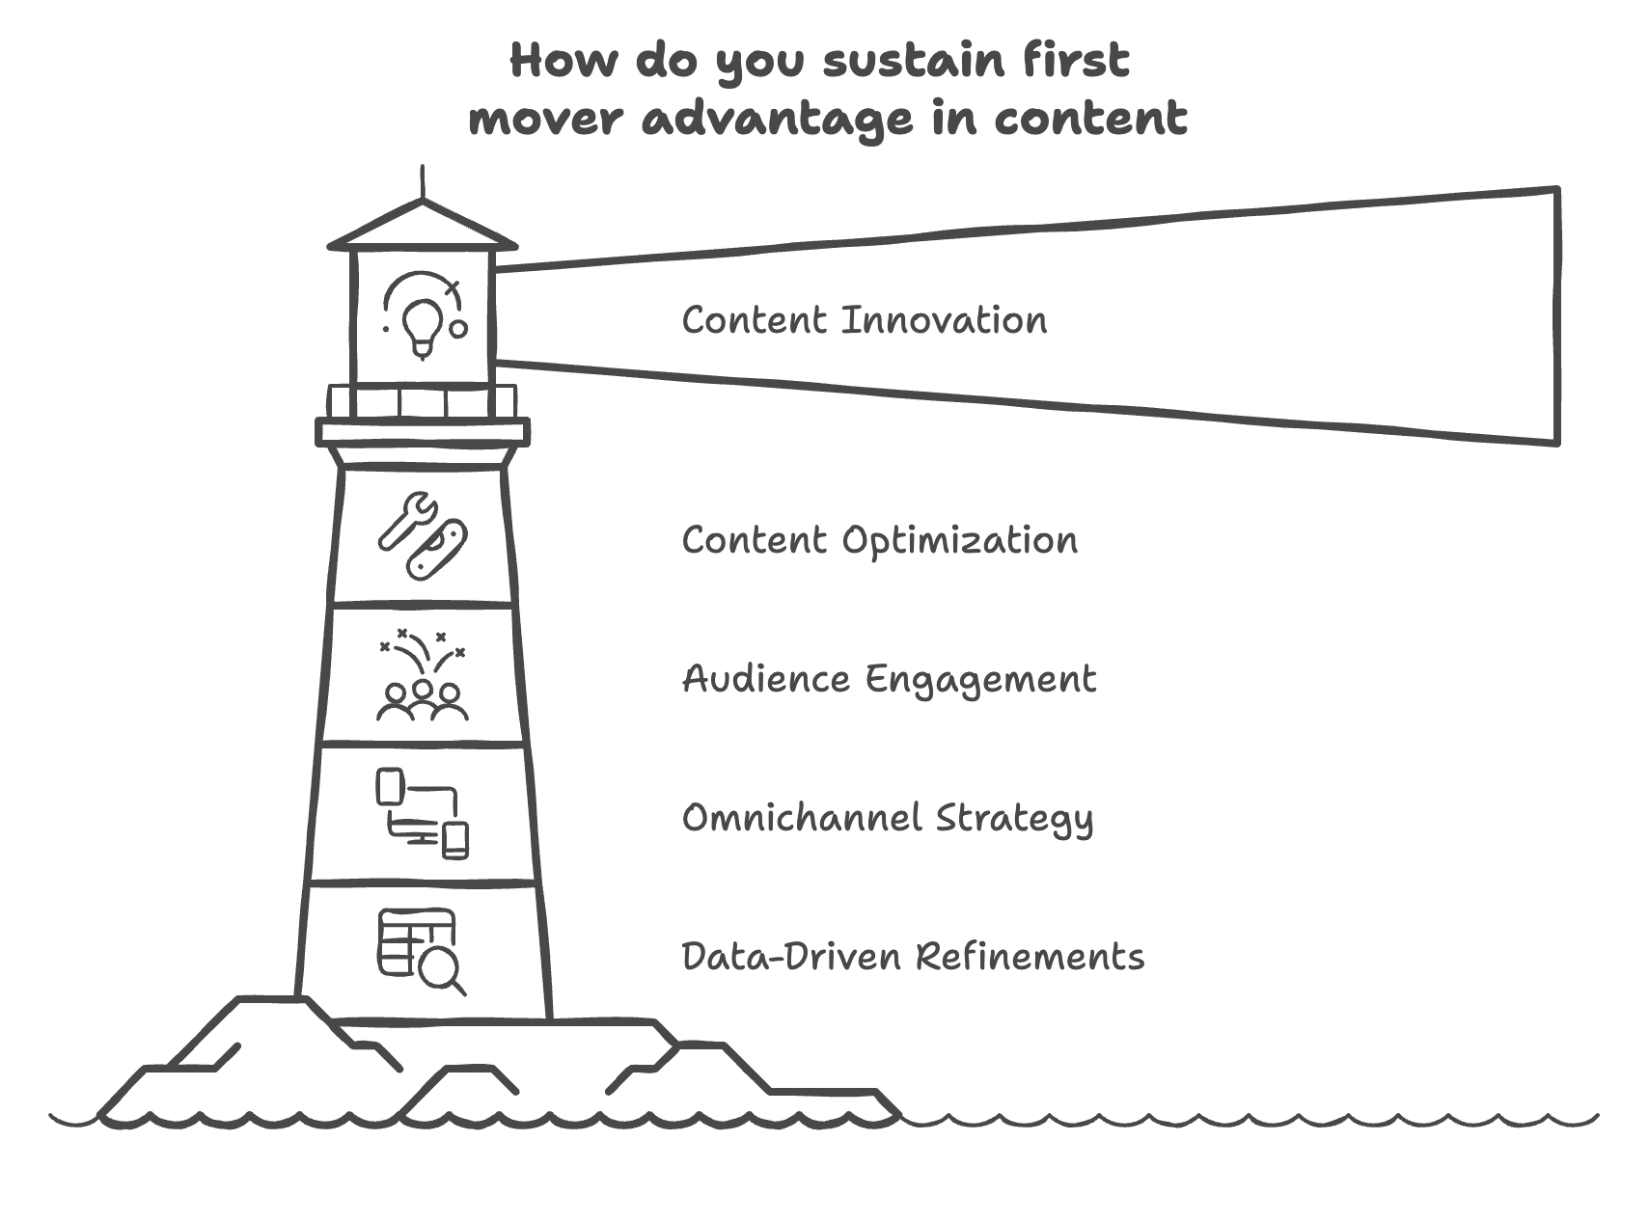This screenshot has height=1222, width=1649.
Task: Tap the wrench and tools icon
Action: point(423,536)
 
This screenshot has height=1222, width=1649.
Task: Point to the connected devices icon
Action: point(423,813)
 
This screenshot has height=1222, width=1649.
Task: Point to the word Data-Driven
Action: point(791,957)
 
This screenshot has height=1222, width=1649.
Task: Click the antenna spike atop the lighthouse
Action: point(423,183)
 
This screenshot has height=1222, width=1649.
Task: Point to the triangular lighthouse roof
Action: point(423,228)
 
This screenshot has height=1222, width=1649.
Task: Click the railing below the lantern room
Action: point(423,401)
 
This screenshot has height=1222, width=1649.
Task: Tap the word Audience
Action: point(766,679)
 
